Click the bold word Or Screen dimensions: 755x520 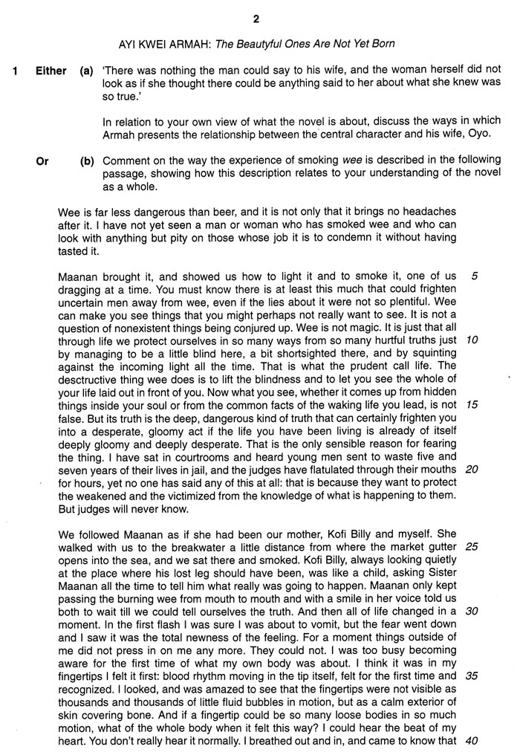[42, 160]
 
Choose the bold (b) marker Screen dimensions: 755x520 [86, 160]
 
